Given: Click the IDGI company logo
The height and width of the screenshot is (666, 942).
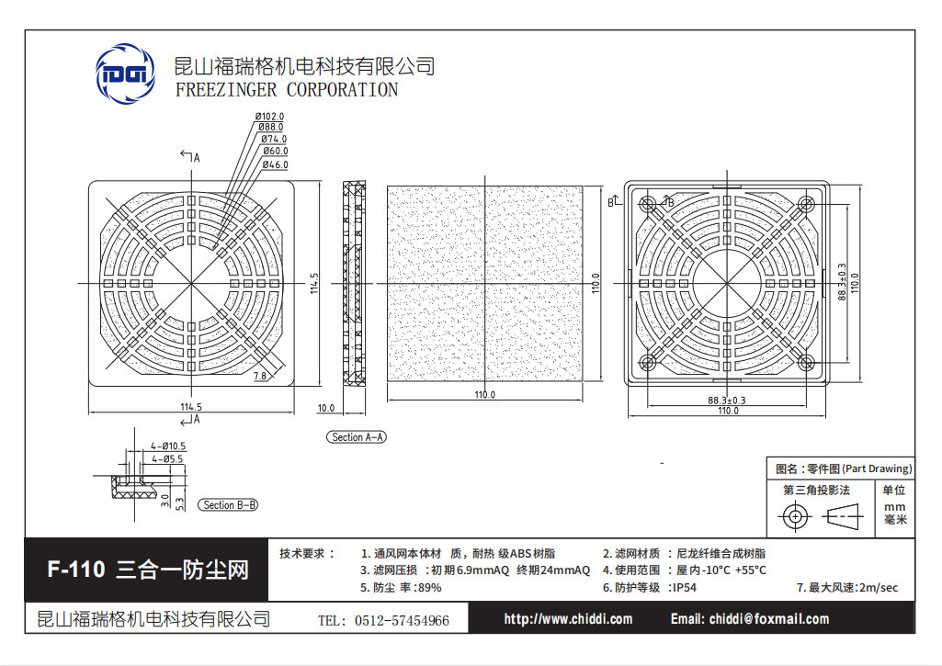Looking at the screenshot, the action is coord(126,73).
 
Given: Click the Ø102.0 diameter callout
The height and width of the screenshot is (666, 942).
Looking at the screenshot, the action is coord(269,116).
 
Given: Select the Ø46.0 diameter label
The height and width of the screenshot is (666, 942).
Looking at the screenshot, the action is coord(275,164).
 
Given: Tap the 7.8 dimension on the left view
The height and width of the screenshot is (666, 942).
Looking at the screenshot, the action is coord(259,376).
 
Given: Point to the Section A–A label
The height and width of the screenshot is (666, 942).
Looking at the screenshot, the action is coord(357,437).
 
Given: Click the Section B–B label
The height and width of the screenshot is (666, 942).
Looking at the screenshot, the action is coord(228,505).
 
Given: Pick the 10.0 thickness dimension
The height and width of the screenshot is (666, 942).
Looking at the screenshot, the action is coord(325,408).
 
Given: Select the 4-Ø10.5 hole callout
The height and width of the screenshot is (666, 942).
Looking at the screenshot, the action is coord(168,446).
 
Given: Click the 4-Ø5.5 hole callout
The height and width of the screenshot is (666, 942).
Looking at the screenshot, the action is coord(167,458).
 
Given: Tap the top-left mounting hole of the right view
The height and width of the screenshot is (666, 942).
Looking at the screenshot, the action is coord(648,205).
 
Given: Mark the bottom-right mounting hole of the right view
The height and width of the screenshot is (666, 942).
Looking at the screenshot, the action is coord(806,362).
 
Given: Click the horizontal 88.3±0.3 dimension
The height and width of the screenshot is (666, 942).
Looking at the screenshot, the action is coord(726,400).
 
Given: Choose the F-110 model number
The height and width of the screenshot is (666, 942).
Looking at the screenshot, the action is coord(76,570).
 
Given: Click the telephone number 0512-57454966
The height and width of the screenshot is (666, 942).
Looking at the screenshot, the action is coord(402,621).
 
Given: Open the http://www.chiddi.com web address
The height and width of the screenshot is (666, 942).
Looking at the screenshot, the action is coord(568,619).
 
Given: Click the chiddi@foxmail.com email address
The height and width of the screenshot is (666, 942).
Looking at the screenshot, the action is coord(769,619).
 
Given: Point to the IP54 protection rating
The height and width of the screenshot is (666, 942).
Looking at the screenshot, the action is coord(685,587).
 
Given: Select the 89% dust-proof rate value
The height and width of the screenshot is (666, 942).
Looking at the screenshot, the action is coord(429,587).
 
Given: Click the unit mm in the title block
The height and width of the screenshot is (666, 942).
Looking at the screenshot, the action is coord(894,507).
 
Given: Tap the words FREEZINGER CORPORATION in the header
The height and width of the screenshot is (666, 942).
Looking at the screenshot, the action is coord(287,90).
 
